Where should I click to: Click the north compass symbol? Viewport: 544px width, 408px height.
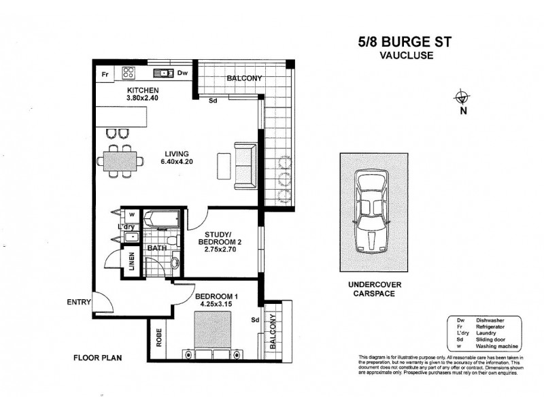pos(463,97)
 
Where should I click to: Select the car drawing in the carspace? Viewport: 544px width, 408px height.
pos(371,211)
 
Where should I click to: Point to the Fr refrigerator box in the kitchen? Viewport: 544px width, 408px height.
pos(105,73)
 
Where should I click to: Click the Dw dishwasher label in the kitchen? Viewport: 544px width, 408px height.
pos(182,73)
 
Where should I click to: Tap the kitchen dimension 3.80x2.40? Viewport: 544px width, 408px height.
pos(142,97)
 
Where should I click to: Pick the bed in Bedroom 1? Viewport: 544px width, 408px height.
pos(211,331)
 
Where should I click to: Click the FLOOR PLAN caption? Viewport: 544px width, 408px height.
pos(97,357)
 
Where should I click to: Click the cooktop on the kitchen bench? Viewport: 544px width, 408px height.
pos(129,73)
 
